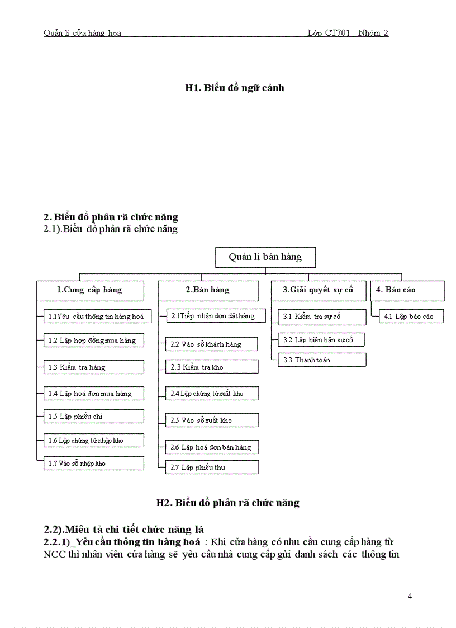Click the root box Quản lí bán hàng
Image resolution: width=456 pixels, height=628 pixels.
[265, 257]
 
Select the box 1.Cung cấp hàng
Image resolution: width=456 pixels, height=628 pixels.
[90, 290]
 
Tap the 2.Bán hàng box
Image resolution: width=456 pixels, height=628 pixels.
[208, 290]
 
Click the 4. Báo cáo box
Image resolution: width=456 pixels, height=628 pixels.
[407, 290]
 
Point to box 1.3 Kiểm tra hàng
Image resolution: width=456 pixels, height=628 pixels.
[94, 367]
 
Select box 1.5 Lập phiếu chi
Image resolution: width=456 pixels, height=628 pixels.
[94, 417]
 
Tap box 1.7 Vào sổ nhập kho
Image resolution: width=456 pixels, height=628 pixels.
[94, 464]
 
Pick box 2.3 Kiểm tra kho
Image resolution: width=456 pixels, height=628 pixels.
[212, 367]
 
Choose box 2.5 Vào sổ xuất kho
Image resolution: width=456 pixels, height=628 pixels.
[212, 420]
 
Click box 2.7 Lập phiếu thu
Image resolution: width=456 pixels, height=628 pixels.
[212, 467]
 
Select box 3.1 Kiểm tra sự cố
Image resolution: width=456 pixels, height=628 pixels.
[322, 317]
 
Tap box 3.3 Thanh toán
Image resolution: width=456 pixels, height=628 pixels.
[322, 360]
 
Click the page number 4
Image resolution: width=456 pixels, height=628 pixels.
[410, 596]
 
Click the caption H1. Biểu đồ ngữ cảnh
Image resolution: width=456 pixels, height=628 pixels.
[235, 88]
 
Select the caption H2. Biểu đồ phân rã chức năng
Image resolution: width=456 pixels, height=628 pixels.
[228, 503]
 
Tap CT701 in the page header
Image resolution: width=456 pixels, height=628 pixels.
[338, 33]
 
